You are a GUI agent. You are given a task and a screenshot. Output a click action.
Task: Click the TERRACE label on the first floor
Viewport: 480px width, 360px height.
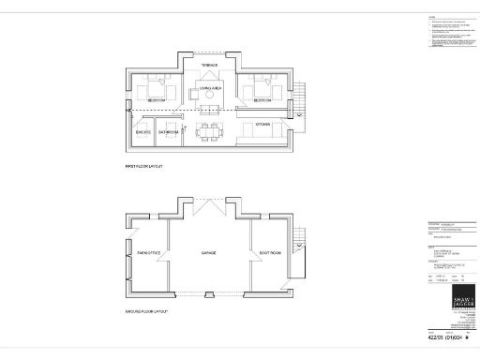(x=210, y=65)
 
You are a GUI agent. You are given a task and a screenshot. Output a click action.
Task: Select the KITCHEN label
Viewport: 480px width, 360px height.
(x=263, y=124)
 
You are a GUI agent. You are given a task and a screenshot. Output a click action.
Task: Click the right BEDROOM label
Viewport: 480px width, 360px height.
(x=262, y=100)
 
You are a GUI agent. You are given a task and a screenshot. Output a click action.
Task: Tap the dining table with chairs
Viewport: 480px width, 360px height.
(x=210, y=131)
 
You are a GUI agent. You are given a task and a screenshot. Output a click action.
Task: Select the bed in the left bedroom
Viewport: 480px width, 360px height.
(x=154, y=89)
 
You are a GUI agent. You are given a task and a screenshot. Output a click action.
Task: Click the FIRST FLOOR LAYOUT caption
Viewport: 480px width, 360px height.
(x=144, y=166)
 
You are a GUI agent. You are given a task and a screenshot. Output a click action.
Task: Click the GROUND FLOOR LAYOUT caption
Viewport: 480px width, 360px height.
(x=147, y=310)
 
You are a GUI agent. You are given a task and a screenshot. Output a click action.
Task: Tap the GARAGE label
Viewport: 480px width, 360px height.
(x=209, y=253)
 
